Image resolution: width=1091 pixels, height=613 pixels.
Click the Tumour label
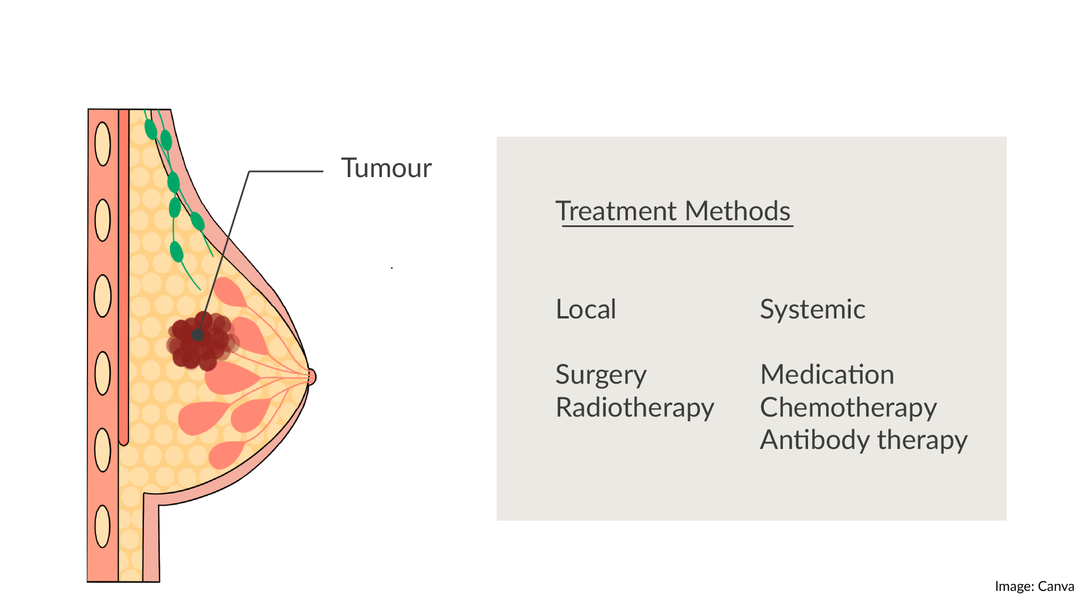pyautogui.click(x=386, y=169)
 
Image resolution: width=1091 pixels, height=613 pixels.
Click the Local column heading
pyautogui.click(x=586, y=309)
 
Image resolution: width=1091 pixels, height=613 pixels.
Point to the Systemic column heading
pyautogui.click(x=813, y=310)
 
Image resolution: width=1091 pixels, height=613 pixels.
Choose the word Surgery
pyautogui.click(x=601, y=375)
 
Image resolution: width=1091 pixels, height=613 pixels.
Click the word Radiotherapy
pyautogui.click(x=635, y=408)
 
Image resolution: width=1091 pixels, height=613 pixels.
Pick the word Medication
pyautogui.click(x=827, y=375)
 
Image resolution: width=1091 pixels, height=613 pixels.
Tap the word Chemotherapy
pyautogui.click(x=848, y=408)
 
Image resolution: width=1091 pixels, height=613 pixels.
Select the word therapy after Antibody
pyautogui.click(x=922, y=440)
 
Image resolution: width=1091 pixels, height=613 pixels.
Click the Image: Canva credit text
pyautogui.click(x=1034, y=586)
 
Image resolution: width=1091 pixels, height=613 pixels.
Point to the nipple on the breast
pyautogui.click(x=311, y=377)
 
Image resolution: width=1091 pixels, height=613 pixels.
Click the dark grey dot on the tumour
pyautogui.click(x=198, y=335)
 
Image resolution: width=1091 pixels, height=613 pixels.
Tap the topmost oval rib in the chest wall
pyautogui.click(x=103, y=144)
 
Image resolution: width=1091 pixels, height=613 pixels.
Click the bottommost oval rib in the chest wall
pyautogui.click(x=102, y=526)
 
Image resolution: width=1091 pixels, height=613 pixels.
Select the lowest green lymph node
pyautogui.click(x=177, y=251)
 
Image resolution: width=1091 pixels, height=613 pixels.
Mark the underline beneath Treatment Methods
pyautogui.click(x=677, y=226)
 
